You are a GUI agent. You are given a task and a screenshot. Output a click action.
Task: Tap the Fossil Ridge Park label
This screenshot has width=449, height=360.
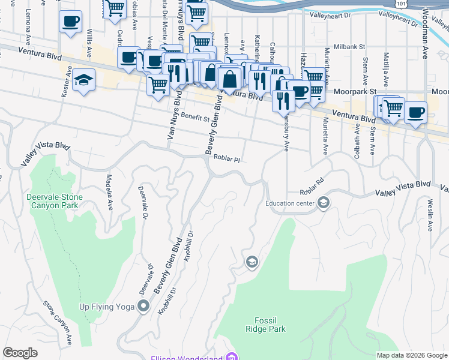point(265,324)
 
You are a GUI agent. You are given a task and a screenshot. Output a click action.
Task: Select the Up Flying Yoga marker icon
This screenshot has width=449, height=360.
point(143,307)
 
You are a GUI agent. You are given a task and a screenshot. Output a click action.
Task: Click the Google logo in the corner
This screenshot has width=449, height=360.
point(20,353)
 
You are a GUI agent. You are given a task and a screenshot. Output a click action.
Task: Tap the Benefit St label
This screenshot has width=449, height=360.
point(194,118)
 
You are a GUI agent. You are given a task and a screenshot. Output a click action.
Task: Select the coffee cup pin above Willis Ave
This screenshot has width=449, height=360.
point(70,22)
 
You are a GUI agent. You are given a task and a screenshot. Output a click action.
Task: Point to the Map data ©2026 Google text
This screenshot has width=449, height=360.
point(412,355)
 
